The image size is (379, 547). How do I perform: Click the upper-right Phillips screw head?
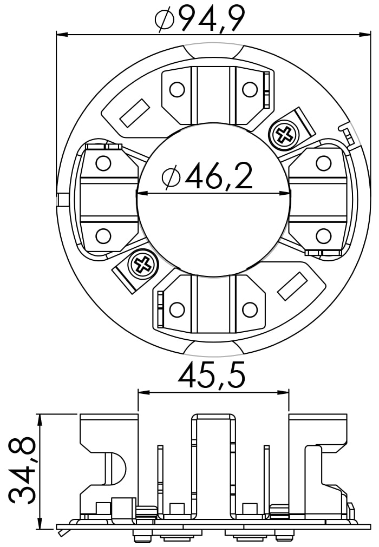(x=284, y=134)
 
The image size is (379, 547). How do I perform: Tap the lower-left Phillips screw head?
(x=143, y=265)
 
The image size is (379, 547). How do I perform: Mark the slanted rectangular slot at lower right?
(x=292, y=286)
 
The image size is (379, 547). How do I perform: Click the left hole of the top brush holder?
(x=177, y=89)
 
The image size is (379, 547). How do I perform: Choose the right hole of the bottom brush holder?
(x=250, y=309)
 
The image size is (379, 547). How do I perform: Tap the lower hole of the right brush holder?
(x=323, y=236)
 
